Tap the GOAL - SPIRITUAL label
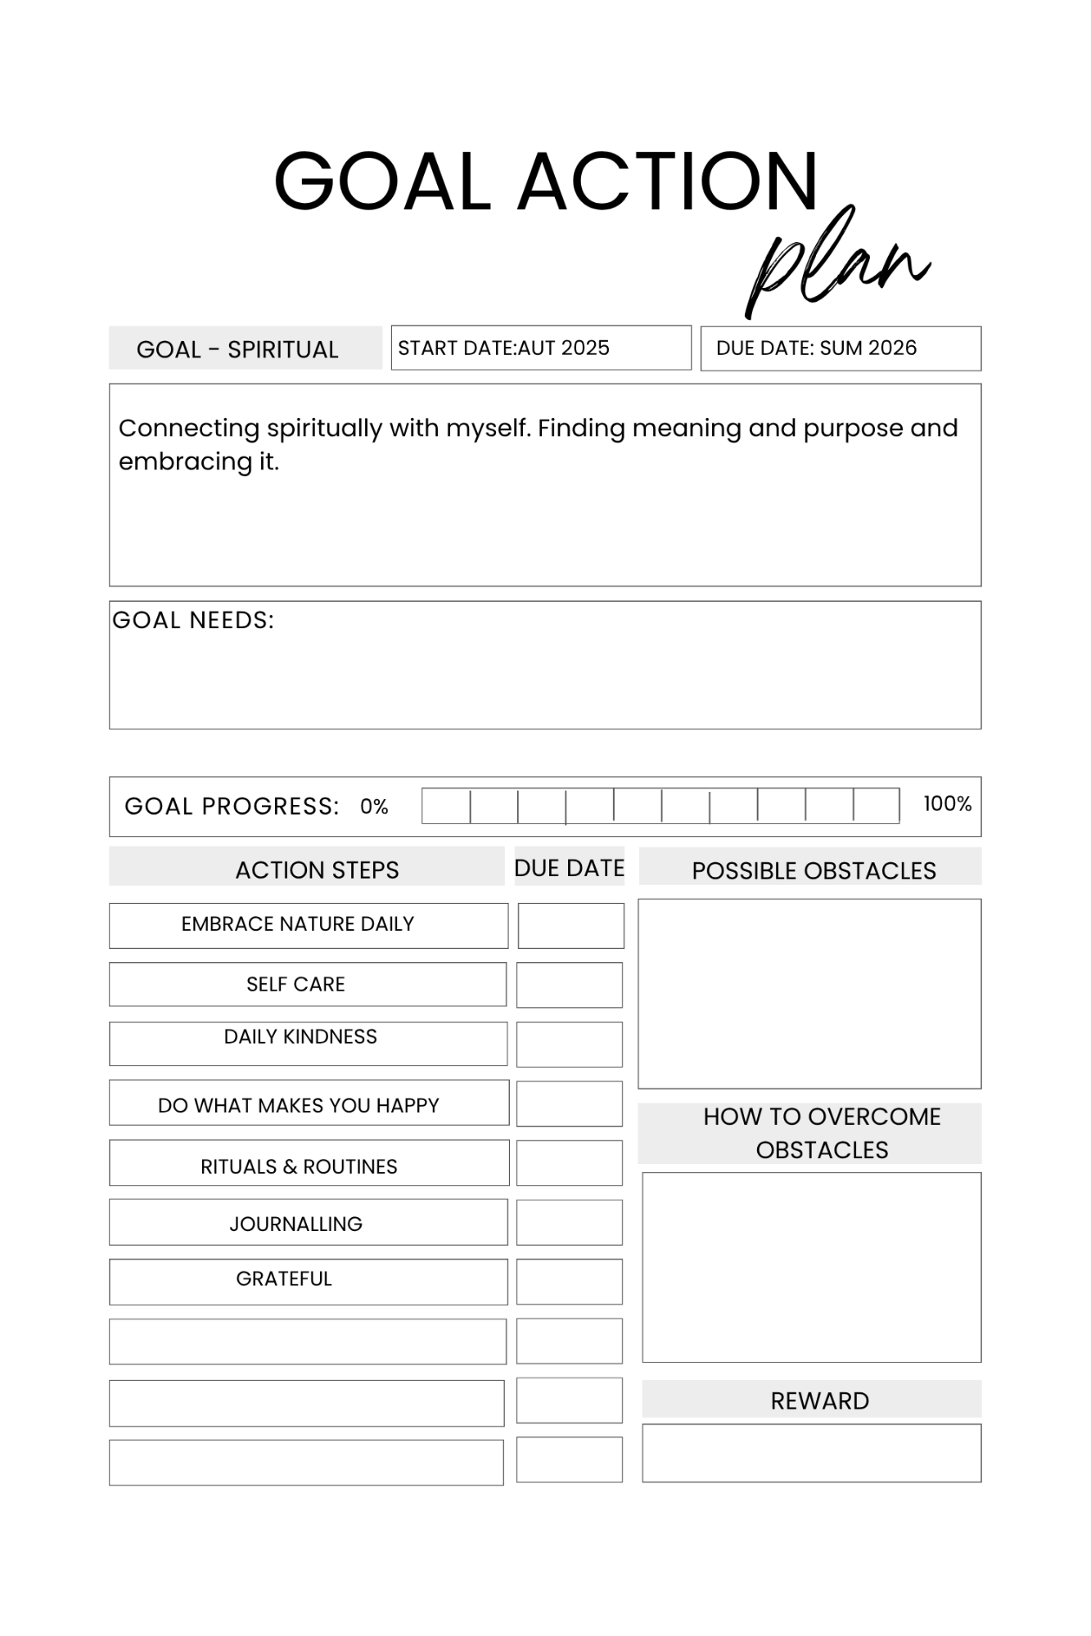(237, 349)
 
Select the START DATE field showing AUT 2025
(540, 348)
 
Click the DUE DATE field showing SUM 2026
(840, 348)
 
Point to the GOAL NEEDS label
(193, 620)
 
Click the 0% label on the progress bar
(374, 807)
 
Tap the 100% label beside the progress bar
(947, 804)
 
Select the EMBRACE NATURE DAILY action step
(298, 924)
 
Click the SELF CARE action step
(296, 984)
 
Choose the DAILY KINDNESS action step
(300, 1037)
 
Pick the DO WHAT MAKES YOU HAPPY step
(299, 1105)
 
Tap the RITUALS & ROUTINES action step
(299, 1166)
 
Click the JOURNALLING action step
(296, 1224)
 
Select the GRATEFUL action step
(284, 1279)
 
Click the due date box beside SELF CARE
(570, 985)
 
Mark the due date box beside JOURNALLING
(570, 1223)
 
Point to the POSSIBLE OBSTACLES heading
(814, 870)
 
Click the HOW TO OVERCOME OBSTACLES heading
(822, 1133)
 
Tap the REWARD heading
(819, 1401)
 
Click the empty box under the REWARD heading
(811, 1454)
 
